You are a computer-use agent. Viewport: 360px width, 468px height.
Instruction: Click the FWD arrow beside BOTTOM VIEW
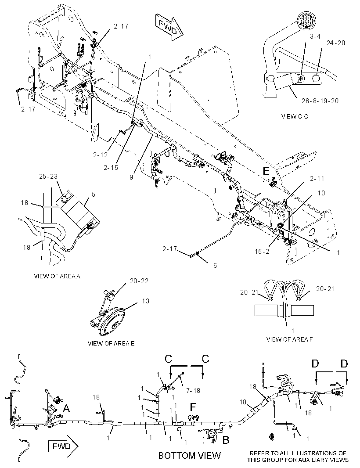(x=63, y=446)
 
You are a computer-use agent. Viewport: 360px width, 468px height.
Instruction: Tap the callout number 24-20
(x=335, y=43)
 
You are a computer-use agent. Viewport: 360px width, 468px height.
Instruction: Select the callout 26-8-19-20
(x=320, y=101)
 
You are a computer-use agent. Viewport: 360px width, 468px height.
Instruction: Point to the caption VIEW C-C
(x=295, y=116)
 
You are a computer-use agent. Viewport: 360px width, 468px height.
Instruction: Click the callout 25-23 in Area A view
(x=48, y=176)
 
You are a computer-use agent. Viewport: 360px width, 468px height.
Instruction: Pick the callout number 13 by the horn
(x=145, y=301)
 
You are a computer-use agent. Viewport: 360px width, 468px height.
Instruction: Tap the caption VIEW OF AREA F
(x=289, y=339)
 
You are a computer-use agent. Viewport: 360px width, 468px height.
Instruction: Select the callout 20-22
(x=139, y=281)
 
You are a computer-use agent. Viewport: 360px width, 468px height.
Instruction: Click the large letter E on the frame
(x=266, y=171)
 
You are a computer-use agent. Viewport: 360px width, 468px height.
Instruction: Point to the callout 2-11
(x=317, y=179)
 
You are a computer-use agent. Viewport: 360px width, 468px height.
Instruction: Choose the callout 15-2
(x=262, y=252)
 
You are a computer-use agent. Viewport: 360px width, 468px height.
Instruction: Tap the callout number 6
(x=215, y=265)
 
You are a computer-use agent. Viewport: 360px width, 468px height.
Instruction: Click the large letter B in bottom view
(x=226, y=439)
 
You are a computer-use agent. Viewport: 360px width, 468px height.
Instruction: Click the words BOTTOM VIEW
(x=189, y=455)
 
